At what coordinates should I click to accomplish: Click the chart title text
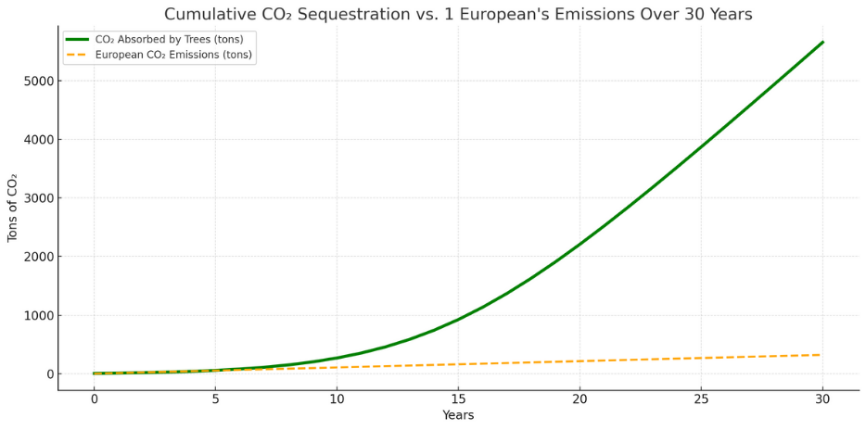[x=458, y=15]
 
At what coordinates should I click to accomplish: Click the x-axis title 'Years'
[x=458, y=415]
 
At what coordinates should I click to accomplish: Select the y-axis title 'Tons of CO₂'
[x=13, y=207]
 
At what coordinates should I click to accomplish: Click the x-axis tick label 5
[x=215, y=398]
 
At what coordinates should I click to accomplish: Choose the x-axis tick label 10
[x=337, y=398]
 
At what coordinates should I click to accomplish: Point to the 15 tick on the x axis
[x=458, y=398]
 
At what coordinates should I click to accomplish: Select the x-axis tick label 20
[x=579, y=398]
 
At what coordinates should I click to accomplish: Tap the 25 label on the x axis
[x=701, y=398]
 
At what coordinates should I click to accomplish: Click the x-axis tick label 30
[x=822, y=398]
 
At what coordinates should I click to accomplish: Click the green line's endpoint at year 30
[x=822, y=42]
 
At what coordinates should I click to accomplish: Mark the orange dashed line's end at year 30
[x=821, y=355]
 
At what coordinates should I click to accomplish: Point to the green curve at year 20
[x=579, y=244]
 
